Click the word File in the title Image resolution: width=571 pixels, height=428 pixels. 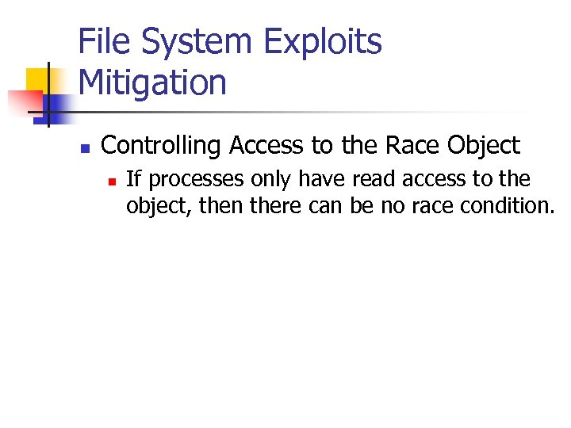pos(106,42)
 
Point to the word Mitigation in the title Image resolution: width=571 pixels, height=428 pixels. pos(153,82)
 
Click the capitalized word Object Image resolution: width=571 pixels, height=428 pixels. pos(484,146)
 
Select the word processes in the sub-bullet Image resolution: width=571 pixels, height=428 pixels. pos(186,180)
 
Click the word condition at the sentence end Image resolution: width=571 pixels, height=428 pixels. pos(506,206)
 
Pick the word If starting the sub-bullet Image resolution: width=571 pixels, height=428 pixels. pos(133,180)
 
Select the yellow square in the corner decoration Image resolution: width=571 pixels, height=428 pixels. pos(38,79)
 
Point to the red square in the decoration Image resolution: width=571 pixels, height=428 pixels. pos(24,101)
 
